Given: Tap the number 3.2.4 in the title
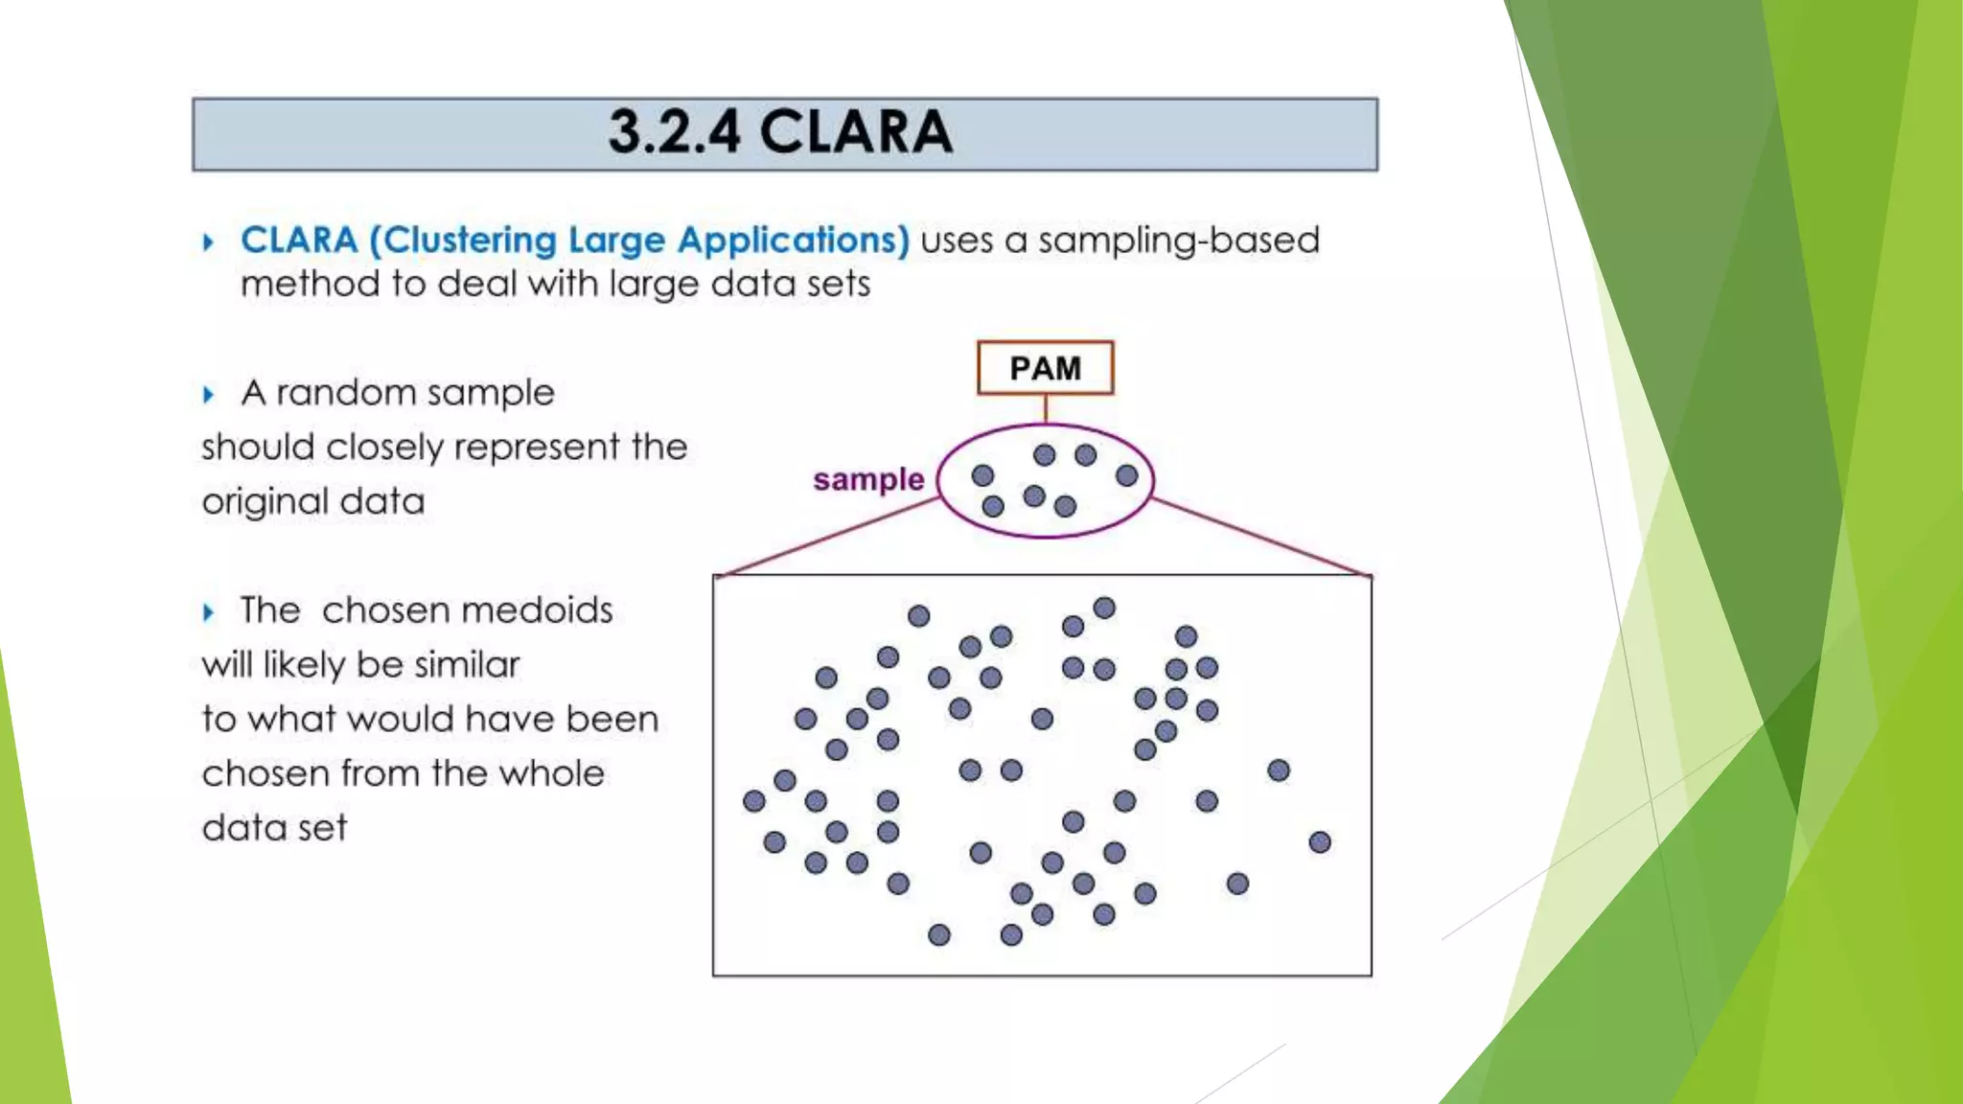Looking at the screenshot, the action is (x=674, y=132).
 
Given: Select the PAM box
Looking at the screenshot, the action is (x=1045, y=368).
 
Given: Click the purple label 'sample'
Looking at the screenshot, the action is (x=868, y=479).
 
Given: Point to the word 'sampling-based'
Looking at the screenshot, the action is (x=1178, y=241).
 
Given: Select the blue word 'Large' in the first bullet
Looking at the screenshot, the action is (x=616, y=241).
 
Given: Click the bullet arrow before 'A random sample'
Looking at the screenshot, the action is (x=208, y=394).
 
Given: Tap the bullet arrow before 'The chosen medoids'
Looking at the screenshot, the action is (x=208, y=611).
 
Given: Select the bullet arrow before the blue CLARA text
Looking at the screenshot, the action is (x=208, y=241).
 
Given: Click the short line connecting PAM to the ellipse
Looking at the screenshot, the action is (x=1045, y=409).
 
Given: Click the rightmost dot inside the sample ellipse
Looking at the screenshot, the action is (x=1127, y=475).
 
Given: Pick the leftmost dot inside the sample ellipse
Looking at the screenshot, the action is (x=982, y=475).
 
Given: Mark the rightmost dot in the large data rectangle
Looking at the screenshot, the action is (x=1320, y=841).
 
